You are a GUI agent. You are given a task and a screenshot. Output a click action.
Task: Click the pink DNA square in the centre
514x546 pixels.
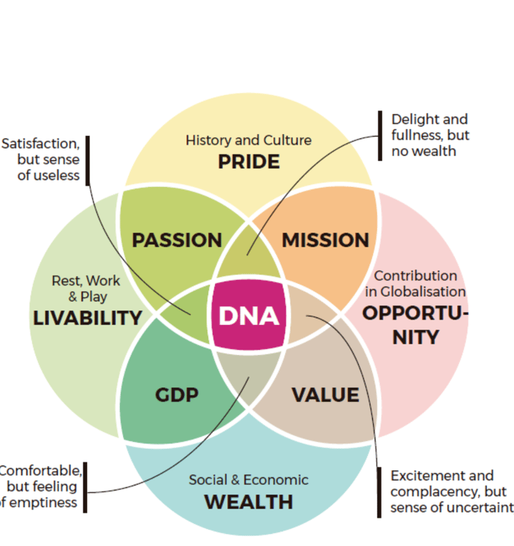point(248,316)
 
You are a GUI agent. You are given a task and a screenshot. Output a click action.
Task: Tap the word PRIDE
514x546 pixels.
point(248,161)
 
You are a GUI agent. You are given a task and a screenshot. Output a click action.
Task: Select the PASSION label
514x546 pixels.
point(177,240)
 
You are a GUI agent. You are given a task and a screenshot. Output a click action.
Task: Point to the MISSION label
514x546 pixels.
point(325,240)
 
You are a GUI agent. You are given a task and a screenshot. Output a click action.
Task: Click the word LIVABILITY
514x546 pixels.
point(88,318)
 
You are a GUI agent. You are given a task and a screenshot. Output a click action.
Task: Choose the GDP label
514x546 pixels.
point(177,395)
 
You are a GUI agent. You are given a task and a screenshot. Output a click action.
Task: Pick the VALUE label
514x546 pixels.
point(325,395)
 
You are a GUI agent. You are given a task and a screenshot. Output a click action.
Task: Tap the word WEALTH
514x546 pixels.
point(248,501)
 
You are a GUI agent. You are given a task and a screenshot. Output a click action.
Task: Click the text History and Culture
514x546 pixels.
point(248,140)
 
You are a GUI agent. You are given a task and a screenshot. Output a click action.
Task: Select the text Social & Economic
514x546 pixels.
point(248,480)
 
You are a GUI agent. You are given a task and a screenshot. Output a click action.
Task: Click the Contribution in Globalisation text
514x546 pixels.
point(415,283)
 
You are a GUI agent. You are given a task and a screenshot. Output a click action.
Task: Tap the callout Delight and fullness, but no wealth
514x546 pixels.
point(430,135)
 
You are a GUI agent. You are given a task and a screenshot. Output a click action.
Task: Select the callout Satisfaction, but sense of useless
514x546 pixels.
point(41,160)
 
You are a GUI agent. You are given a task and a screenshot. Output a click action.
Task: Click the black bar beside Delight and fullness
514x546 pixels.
point(380,135)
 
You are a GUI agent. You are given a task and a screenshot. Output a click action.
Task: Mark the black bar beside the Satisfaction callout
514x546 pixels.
point(88,160)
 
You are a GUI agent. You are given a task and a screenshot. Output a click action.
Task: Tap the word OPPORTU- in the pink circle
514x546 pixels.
point(415,313)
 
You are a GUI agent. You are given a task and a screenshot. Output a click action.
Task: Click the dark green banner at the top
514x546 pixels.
point(257,38)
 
